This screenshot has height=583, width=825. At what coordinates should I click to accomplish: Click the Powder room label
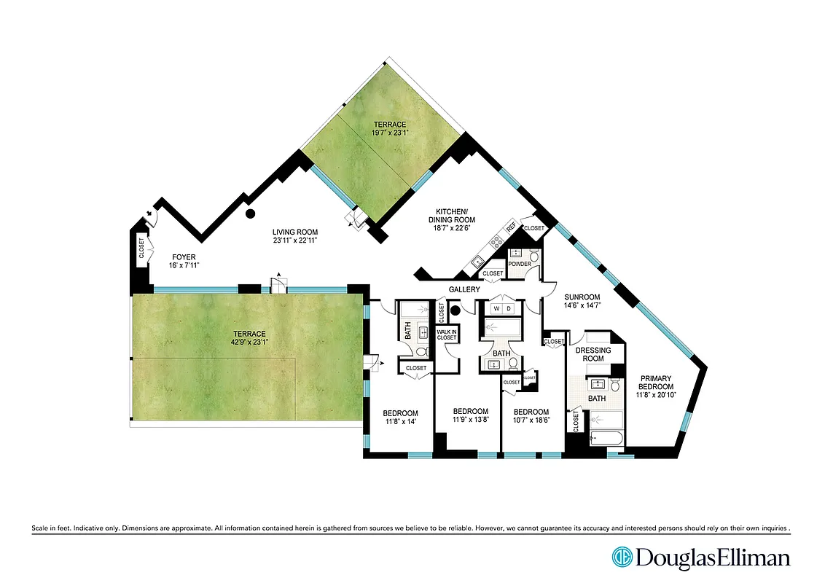pyautogui.click(x=520, y=264)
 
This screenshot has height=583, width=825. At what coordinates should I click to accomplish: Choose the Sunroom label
pyautogui.click(x=582, y=297)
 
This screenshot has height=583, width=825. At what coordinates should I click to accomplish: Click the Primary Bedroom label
pyautogui.click(x=656, y=382)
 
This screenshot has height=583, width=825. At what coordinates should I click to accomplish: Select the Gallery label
pyautogui.click(x=464, y=290)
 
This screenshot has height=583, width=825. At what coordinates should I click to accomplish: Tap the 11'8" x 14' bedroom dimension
pyautogui.click(x=400, y=421)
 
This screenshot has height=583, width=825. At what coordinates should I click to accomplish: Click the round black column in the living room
pyautogui.click(x=250, y=214)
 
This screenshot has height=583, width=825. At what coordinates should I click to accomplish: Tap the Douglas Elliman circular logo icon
pyautogui.click(x=622, y=557)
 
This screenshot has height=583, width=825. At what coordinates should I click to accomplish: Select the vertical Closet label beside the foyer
pyautogui.click(x=141, y=249)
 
